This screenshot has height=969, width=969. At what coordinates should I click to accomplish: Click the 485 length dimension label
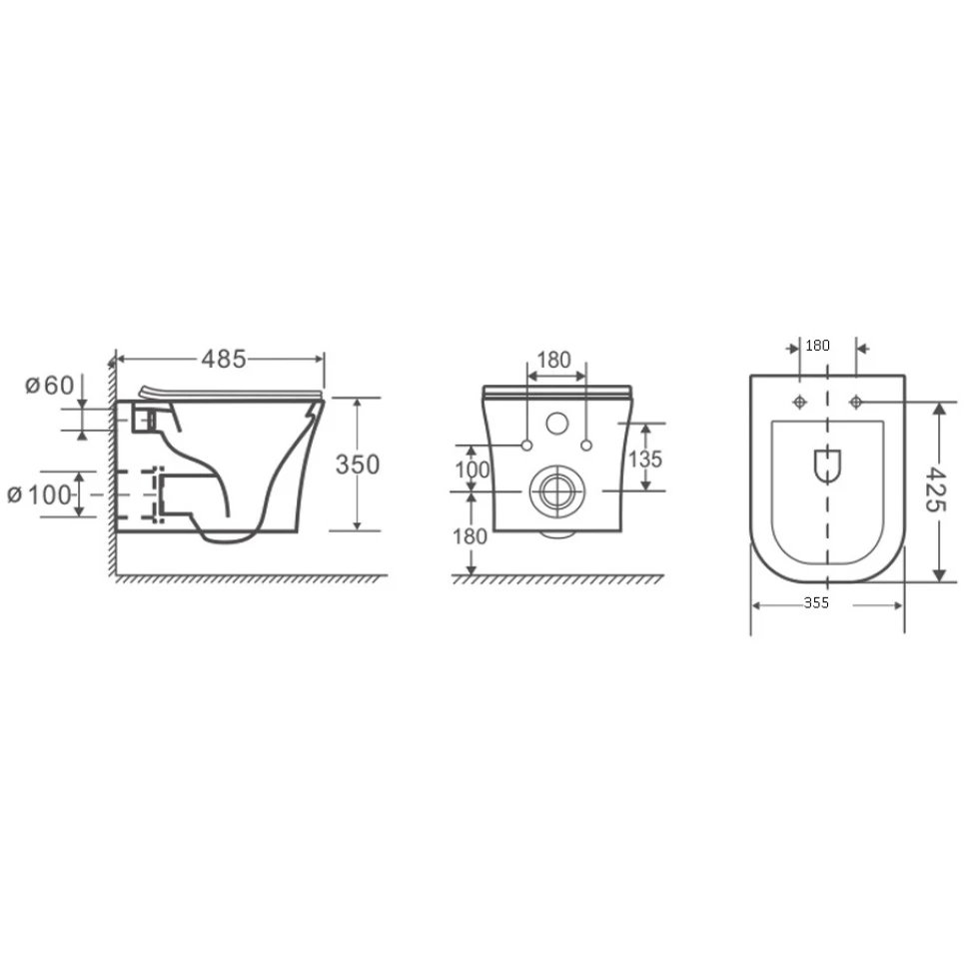224,359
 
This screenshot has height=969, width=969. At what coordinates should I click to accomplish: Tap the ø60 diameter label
49,386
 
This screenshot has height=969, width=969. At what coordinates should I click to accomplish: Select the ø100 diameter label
39,495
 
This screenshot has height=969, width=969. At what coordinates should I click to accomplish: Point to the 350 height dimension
358,465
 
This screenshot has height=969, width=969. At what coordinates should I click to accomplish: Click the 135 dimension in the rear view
645,460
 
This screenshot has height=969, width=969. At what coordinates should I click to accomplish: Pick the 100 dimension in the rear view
473,471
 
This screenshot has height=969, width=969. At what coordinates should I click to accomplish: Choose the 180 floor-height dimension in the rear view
470,536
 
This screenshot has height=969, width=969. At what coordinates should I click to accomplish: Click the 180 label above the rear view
553,360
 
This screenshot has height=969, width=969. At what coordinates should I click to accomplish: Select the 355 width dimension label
816,603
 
